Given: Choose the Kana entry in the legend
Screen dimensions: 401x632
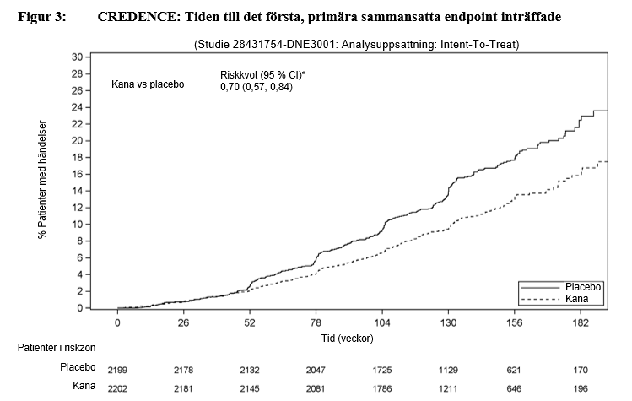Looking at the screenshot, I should (576, 300).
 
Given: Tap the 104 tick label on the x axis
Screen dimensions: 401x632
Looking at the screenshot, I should (382, 323).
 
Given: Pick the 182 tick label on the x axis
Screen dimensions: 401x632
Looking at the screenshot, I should (579, 323).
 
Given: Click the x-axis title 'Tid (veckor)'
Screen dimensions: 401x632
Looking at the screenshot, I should (348, 338).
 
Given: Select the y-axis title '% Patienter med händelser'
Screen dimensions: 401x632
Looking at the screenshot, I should (41, 179).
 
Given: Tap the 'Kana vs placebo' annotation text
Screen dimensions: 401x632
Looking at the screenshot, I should (148, 84).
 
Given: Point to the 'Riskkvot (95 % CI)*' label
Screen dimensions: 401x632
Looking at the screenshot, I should (262, 75).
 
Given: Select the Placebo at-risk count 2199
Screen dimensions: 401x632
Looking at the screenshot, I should (117, 370).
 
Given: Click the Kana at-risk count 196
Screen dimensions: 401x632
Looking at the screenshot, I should (579, 388).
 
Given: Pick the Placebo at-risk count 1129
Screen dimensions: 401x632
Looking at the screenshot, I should (448, 370).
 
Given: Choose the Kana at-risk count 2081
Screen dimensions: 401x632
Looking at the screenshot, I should (316, 388).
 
